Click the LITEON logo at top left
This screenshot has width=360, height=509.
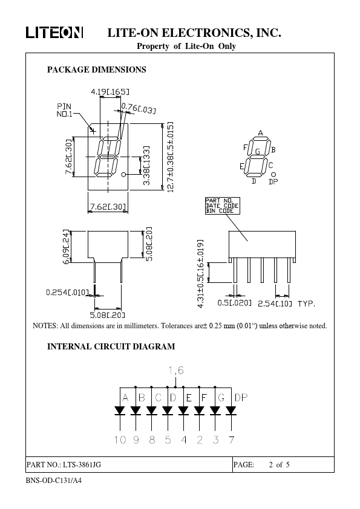coord(54,33)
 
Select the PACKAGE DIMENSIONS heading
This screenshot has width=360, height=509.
coord(96,70)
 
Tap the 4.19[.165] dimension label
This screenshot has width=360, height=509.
coord(110,92)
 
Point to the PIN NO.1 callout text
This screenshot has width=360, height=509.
coord(64,110)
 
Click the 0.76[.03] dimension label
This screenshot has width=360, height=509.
coord(139,108)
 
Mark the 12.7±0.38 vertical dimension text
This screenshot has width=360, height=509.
coord(170,157)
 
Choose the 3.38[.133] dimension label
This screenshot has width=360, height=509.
coord(146,166)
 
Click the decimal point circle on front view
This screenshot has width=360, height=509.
coord(123,175)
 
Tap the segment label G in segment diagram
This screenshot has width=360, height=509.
coord(258,152)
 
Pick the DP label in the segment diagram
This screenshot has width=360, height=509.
coord(273,182)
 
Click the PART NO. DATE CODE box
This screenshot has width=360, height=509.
coord(223,206)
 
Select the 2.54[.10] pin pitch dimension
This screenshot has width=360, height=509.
coord(275,304)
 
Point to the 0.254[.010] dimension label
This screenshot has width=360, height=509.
coord(67,293)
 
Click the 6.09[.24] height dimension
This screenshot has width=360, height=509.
coord(67,247)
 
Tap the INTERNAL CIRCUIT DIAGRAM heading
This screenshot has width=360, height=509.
coord(111,346)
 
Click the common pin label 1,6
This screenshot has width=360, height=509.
coord(176,371)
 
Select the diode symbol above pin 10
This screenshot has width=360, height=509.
coord(120,410)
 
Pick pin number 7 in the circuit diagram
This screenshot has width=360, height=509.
coord(231,440)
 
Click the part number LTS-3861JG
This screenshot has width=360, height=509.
coord(82,464)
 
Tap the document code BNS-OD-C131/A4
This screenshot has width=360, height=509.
coord(54,481)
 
